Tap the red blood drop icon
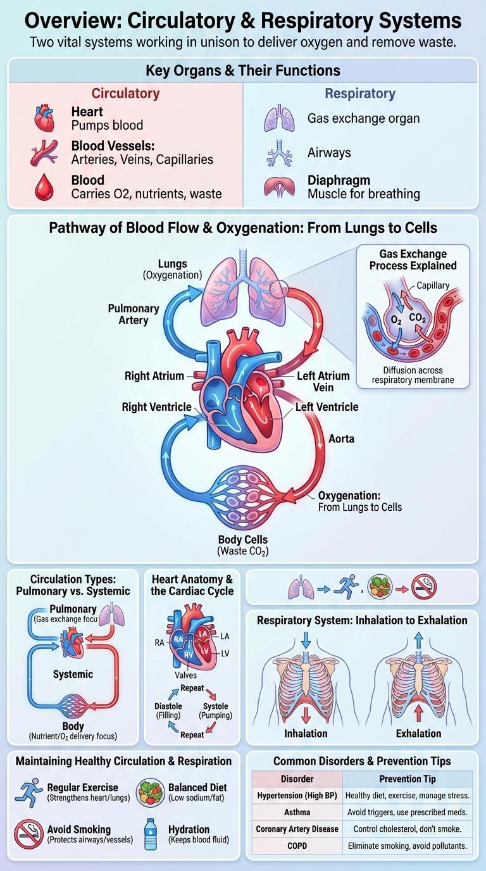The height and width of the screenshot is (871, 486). pyautogui.click(x=44, y=188)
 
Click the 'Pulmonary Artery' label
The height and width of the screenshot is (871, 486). pyautogui.click(x=134, y=315)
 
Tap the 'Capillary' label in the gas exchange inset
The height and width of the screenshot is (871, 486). pyautogui.click(x=433, y=285)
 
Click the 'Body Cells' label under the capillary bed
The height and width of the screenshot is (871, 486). pyautogui.click(x=243, y=540)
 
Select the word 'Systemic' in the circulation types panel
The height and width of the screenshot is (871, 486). pyautogui.click(x=73, y=674)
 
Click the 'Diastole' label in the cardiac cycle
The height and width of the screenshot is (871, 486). pyautogui.click(x=168, y=706)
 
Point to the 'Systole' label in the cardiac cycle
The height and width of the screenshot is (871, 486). pyautogui.click(x=215, y=706)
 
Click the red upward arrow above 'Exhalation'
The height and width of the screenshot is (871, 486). pyautogui.click(x=418, y=713)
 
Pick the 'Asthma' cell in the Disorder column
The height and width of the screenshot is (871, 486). pyautogui.click(x=297, y=811)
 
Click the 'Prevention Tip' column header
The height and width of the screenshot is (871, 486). pyautogui.click(x=407, y=779)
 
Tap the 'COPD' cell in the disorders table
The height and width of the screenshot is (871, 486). pyautogui.click(x=297, y=845)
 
